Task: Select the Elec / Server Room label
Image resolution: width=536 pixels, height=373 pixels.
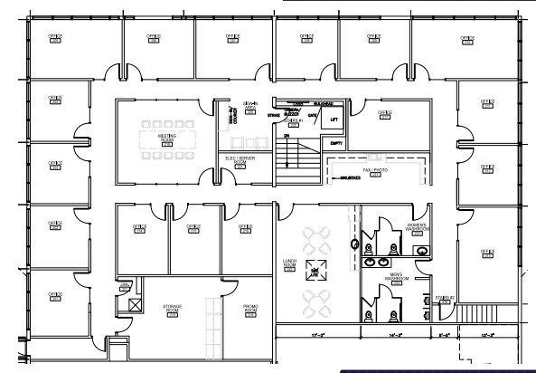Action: [x=240, y=159]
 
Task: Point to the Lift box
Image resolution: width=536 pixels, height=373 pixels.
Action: [x=334, y=119]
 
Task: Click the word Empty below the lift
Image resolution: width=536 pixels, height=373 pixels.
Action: [x=336, y=142]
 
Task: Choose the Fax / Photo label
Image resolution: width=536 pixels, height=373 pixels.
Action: [x=375, y=171]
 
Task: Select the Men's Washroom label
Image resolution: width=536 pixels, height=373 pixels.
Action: [x=396, y=278]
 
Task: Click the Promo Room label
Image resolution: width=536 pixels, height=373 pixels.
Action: [x=251, y=309]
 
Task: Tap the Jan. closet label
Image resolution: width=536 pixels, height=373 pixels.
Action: [x=127, y=285]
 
